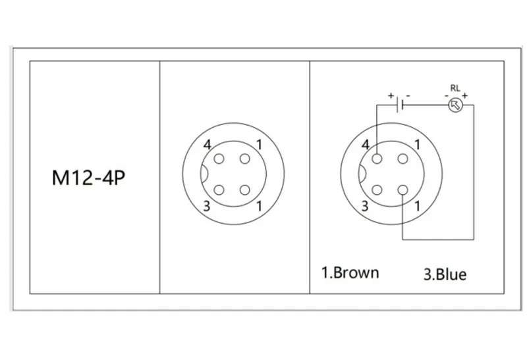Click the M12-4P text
tap(89, 178)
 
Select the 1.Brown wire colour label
tap(350, 272)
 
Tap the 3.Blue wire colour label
tap(445, 274)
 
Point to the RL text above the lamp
tap(455, 88)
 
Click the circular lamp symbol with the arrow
tap(456, 105)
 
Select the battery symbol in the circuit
tap(400, 105)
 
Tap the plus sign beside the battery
tap(391, 95)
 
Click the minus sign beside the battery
tap(408, 95)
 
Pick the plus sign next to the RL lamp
tap(464, 95)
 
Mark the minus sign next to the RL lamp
tap(447, 96)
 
